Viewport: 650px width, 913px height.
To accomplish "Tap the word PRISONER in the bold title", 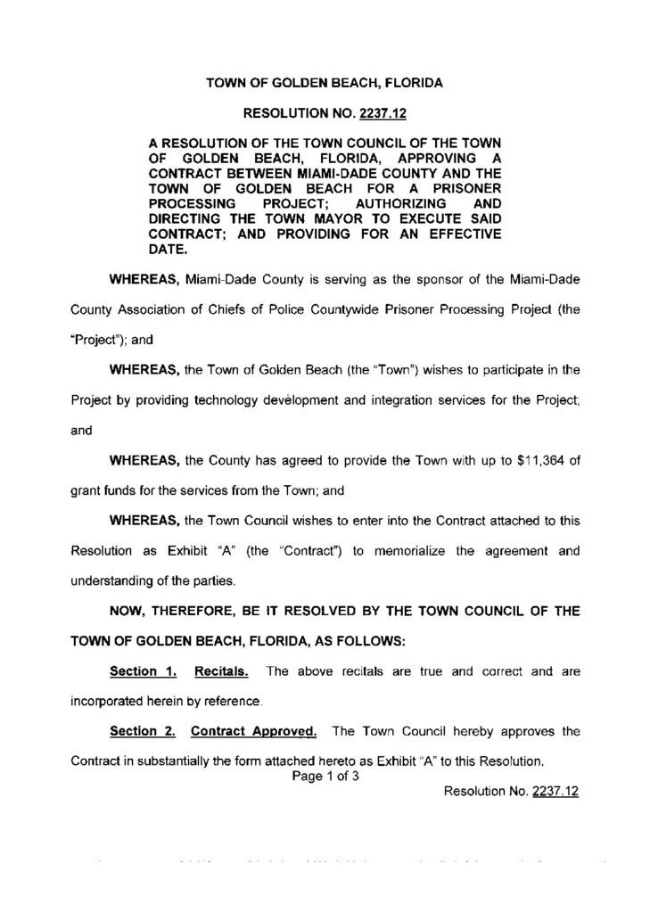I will pos(458,190).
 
